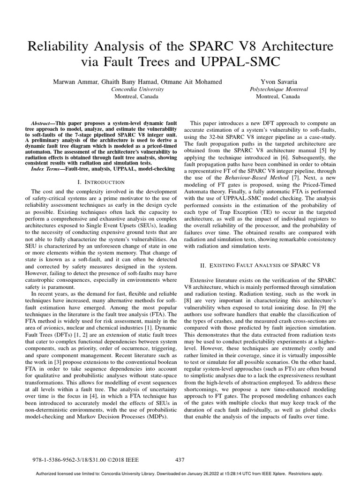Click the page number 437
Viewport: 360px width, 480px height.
(180, 460)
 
